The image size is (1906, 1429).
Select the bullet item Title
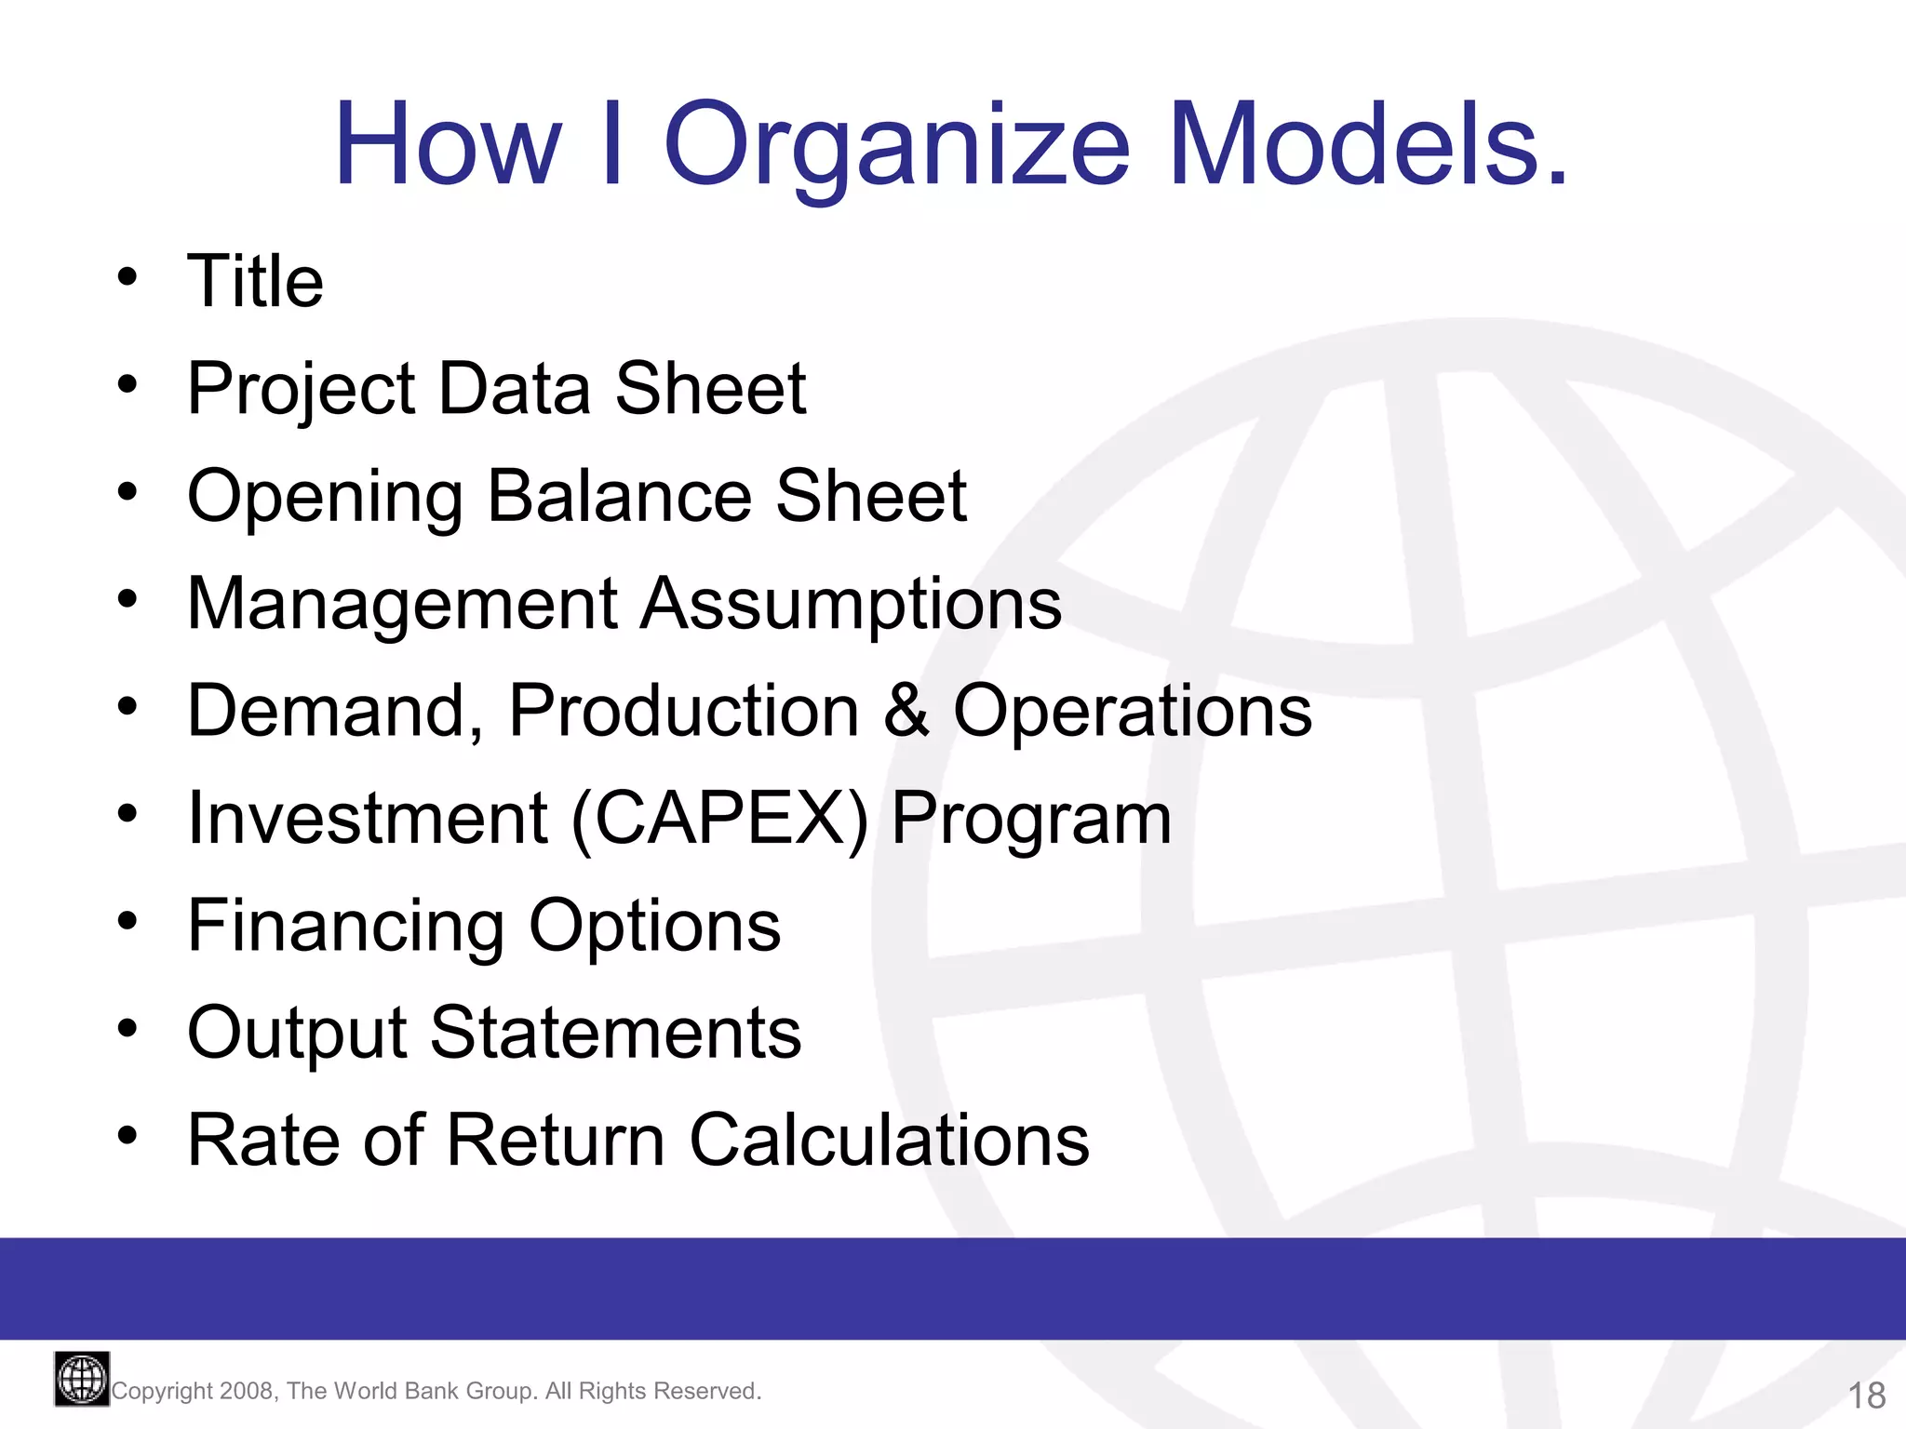tap(255, 281)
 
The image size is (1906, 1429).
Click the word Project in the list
tap(301, 389)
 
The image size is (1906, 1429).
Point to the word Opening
tap(325, 497)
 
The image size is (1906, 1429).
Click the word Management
tap(402, 605)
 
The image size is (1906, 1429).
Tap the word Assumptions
tap(851, 605)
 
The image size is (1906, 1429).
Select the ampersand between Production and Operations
tap(906, 711)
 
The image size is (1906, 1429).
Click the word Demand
tap(334, 712)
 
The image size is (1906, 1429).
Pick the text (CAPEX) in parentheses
tap(719, 819)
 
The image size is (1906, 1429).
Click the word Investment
tap(367, 819)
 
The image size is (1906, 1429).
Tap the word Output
tap(297, 1033)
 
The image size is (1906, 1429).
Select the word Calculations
tap(889, 1141)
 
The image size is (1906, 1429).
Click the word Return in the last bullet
tap(556, 1141)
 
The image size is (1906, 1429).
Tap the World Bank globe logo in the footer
tap(82, 1379)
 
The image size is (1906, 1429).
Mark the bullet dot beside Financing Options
tap(128, 922)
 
